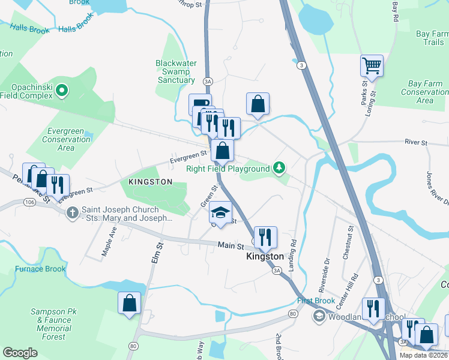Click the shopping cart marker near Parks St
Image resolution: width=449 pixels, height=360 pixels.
pos(372,65)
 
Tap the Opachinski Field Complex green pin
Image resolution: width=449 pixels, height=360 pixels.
pos(62,91)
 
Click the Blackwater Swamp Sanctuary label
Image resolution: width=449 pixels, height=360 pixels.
pos(176,71)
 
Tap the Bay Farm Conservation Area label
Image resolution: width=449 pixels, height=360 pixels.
pos(424,92)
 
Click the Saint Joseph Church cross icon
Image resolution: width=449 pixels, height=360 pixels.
pos(72,212)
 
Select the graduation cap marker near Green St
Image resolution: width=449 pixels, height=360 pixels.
pos(221,212)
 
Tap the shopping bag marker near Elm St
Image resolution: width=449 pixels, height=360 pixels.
pos(130,303)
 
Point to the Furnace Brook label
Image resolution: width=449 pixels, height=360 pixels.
pos(40,269)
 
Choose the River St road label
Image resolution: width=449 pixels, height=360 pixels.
pos(415,143)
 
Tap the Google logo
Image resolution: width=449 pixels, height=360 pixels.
pos(20,353)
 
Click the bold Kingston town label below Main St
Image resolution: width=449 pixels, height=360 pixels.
pos(265,256)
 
